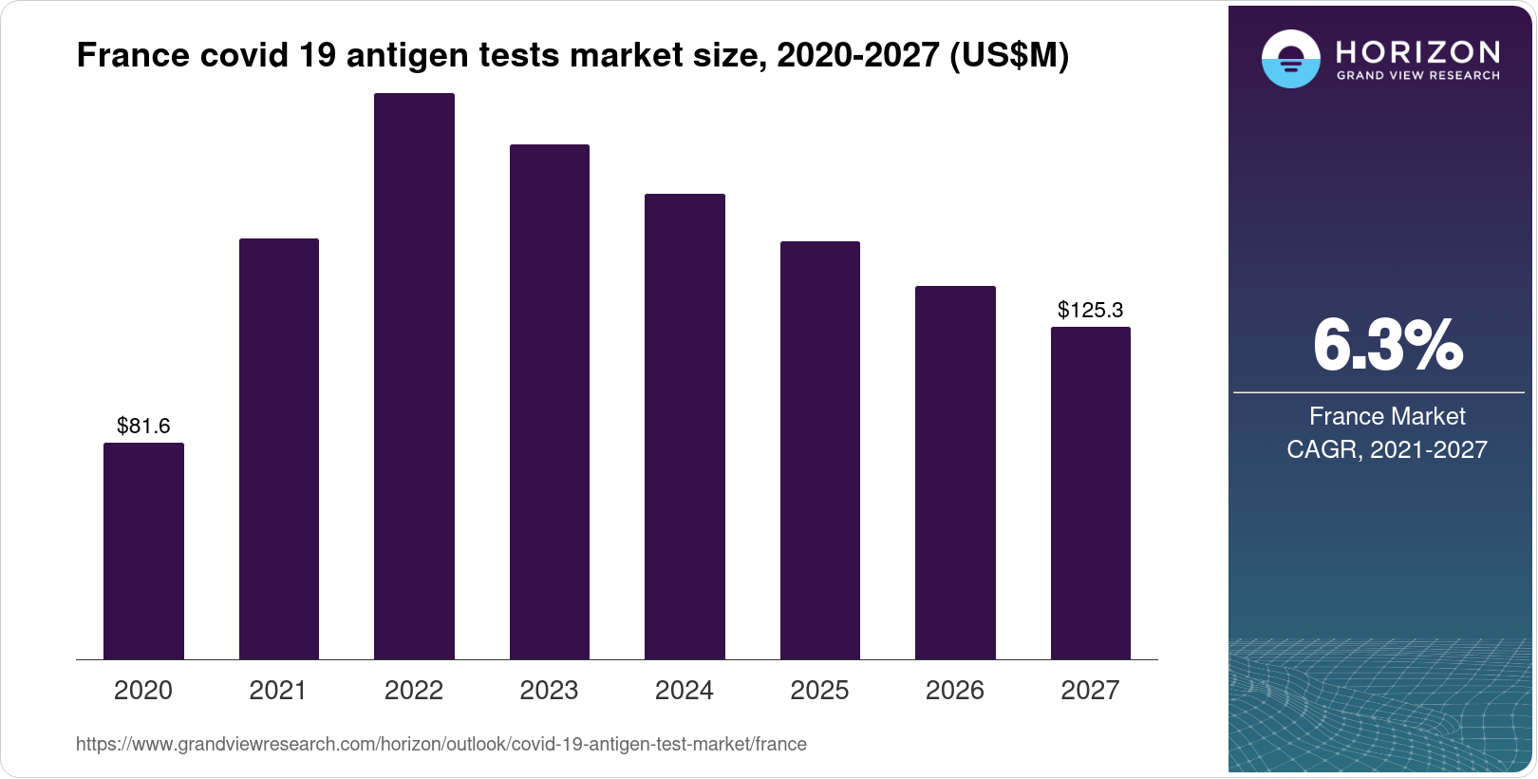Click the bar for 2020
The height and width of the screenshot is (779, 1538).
tap(143, 551)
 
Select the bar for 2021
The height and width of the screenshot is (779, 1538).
tap(279, 448)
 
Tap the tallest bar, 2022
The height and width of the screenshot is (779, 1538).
tap(414, 376)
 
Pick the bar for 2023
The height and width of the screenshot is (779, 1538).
tap(550, 402)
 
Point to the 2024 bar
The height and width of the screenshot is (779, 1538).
tap(685, 427)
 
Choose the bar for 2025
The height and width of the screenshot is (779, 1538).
tap(820, 450)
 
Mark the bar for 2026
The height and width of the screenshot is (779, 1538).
tap(955, 472)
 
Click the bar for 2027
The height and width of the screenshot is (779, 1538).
tap(1091, 493)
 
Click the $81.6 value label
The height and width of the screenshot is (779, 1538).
tap(143, 426)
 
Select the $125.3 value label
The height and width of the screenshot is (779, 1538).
tap(1091, 310)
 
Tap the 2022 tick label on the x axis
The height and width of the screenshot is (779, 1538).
tap(414, 690)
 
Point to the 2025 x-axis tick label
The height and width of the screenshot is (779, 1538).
tap(820, 690)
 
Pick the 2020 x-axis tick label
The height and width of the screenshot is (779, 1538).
tap(143, 690)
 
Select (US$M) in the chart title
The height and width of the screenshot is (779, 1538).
tap(1009, 56)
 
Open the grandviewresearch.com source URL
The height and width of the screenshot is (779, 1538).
tap(441, 745)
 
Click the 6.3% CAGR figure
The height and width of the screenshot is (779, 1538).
tap(1388, 346)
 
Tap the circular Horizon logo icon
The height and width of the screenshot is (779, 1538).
tap(1290, 59)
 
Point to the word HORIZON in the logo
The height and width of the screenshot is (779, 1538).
tap(1418, 52)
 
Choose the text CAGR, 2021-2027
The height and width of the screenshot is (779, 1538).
tap(1387, 449)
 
